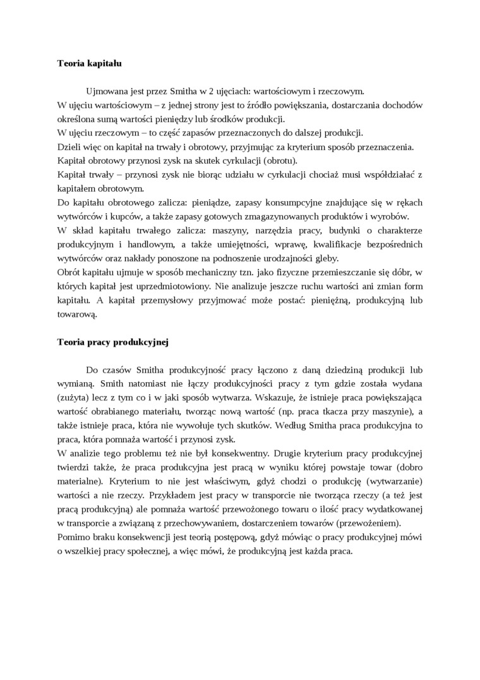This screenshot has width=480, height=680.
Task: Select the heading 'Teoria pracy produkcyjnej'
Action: click(x=112, y=342)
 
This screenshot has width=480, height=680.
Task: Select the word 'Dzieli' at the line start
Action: click(x=68, y=147)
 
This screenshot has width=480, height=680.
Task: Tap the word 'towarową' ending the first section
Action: click(x=76, y=314)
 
